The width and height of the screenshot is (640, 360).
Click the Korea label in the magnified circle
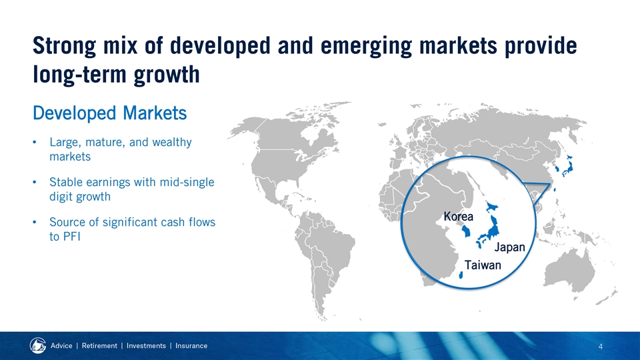(459, 216)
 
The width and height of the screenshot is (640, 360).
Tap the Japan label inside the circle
(510, 247)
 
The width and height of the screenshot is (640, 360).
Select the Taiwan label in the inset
(483, 265)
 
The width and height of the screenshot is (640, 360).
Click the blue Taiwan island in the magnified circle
(461, 275)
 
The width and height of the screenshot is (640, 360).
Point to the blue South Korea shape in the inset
(466, 231)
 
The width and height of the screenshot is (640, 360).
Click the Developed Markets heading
(110, 113)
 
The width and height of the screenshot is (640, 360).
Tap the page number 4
(601, 347)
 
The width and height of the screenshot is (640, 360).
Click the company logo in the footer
(38, 346)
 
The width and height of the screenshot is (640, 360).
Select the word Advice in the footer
(61, 346)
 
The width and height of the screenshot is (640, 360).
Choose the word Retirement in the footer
(99, 346)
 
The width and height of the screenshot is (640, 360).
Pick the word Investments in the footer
(146, 346)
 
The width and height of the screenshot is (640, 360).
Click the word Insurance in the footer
(191, 346)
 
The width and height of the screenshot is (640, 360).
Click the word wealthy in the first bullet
(172, 143)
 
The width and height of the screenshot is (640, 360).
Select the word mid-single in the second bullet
(187, 182)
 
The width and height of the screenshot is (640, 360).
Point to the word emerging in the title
(366, 46)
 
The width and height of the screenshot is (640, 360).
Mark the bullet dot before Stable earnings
(35, 182)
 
